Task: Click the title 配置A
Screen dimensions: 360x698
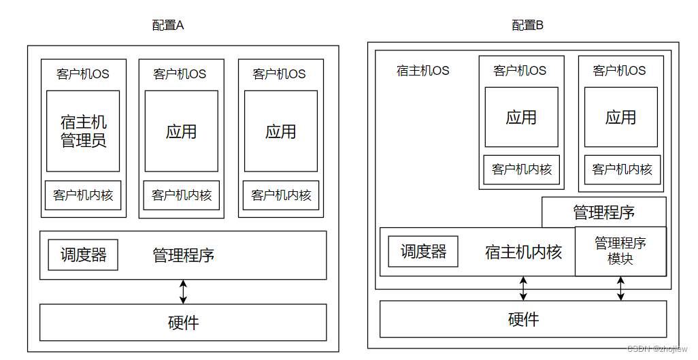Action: (168, 26)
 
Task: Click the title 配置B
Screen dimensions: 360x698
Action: (527, 26)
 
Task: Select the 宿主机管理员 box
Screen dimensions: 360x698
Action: (83, 131)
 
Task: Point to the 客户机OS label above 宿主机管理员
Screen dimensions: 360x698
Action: (83, 74)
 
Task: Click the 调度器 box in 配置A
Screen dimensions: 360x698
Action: (83, 255)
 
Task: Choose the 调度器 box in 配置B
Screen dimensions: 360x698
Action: (423, 252)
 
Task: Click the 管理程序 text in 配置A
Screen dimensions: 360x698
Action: (184, 256)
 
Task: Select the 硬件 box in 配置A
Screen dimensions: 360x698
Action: (183, 322)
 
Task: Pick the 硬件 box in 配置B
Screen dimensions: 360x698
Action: (523, 319)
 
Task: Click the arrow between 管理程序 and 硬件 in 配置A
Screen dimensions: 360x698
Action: (183, 291)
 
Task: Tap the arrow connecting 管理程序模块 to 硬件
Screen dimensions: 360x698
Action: (620, 288)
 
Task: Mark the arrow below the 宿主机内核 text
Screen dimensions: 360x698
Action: (523, 288)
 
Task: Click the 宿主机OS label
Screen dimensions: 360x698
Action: (422, 71)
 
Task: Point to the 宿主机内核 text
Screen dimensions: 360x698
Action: (523, 252)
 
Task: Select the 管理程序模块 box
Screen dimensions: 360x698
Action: (620, 251)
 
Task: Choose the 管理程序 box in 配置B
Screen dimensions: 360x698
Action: (603, 212)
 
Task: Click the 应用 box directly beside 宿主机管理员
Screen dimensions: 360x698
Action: (182, 131)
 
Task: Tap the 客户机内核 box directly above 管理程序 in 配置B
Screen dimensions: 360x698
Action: (622, 169)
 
